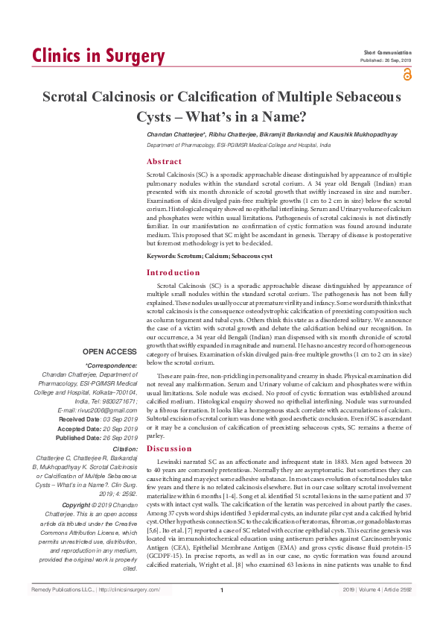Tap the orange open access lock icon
pyautogui.click(x=407, y=74)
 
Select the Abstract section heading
pyautogui.click(x=164, y=161)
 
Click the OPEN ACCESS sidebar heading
pyautogui.click(x=110, y=351)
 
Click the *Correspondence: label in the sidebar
pyautogui.click(x=112, y=365)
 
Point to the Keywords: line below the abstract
pyautogui.click(x=209, y=257)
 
